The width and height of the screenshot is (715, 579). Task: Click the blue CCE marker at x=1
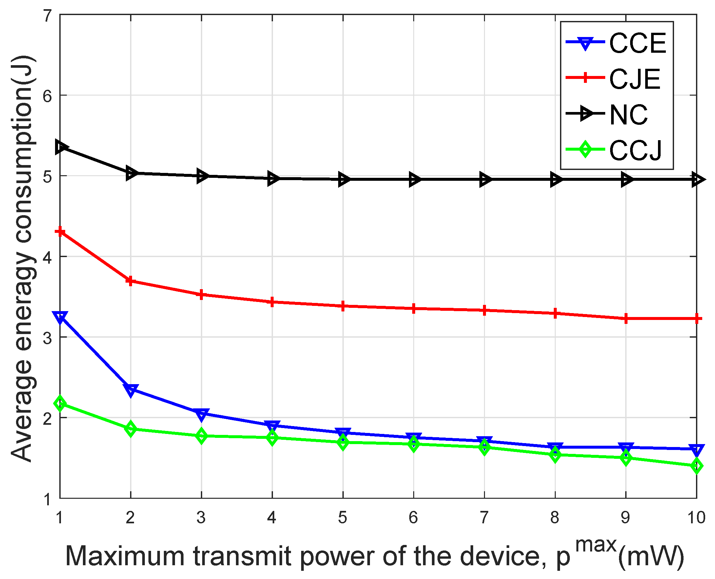[x=60, y=318]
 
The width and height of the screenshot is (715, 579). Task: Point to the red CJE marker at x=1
[x=60, y=232]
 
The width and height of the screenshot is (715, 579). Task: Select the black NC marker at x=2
[x=131, y=173]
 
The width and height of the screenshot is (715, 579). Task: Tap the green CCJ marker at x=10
[x=697, y=466]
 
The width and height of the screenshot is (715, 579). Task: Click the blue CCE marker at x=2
[x=131, y=389]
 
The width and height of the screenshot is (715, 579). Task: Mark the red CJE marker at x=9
[x=626, y=319]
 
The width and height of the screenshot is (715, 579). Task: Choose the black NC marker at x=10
[x=697, y=180]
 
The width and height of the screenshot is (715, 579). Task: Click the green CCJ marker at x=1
[x=60, y=404]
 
